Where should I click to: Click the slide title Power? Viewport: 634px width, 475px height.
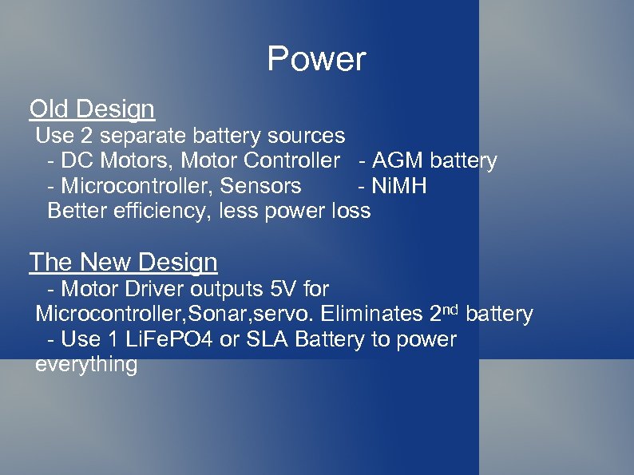pyautogui.click(x=316, y=59)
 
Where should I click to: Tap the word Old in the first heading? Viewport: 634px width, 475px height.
pyautogui.click(x=50, y=109)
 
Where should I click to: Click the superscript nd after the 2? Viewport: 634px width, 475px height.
pyautogui.click(x=451, y=308)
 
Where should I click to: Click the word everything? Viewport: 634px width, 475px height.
pyautogui.click(x=86, y=365)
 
